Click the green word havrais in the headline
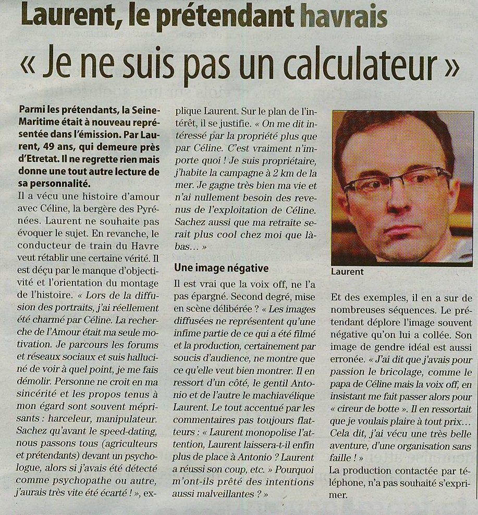pyautogui.click(x=344, y=16)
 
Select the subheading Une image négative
pyautogui.click(x=222, y=268)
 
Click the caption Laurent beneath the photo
pyautogui.click(x=347, y=272)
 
